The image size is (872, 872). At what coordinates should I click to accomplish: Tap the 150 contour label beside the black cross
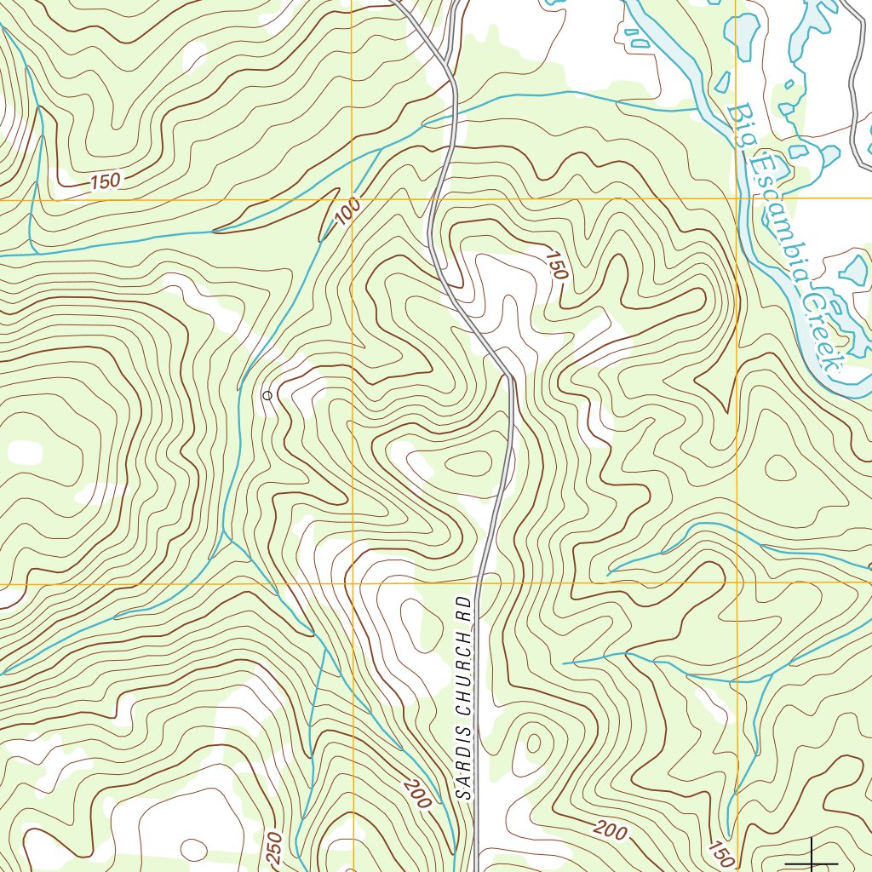[x=721, y=852]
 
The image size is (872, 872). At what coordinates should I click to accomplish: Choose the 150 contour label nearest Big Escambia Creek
[x=556, y=265]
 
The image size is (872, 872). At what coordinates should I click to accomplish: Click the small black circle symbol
[x=267, y=395]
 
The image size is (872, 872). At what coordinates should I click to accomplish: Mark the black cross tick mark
[x=812, y=857]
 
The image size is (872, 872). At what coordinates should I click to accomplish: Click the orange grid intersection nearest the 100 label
[x=353, y=199]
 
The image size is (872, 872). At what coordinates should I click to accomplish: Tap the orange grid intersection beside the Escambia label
[x=737, y=199]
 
